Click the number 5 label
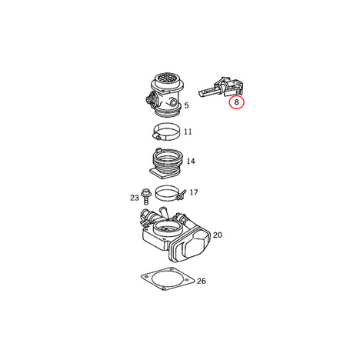coord(186,105)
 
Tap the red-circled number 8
coord(236,102)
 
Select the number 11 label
coord(188,132)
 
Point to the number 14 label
coord(191,162)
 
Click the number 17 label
coord(194,192)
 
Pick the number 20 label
coord(218,235)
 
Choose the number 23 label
coord(135,198)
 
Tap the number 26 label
coord(202,281)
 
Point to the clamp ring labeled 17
coord(168,193)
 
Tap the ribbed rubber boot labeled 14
coord(166,163)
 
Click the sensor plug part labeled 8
coord(222,87)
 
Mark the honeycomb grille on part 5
coord(167,78)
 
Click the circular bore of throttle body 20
coord(167,227)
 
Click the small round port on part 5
coord(173,103)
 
